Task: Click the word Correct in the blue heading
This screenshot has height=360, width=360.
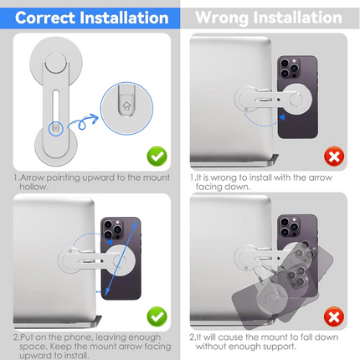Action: point(45,18)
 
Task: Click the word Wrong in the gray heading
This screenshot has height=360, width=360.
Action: point(222,18)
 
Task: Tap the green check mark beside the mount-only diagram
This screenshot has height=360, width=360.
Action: point(157,157)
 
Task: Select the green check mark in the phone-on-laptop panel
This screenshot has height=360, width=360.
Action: point(157,316)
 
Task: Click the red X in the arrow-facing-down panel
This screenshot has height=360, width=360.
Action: point(334,157)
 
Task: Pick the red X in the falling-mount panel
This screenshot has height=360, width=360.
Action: point(334,316)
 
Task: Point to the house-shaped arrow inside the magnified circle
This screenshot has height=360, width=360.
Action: point(126,105)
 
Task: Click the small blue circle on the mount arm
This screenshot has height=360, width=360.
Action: point(56,128)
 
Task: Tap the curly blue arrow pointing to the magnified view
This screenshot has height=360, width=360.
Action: point(82,122)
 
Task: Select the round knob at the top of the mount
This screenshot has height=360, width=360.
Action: point(56,63)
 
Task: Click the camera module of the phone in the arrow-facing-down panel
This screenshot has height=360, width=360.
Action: point(291,68)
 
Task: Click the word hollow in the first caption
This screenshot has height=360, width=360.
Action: point(33,187)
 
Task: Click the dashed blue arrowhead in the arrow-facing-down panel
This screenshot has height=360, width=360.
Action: point(282,117)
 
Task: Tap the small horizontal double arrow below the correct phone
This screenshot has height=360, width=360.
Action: point(99,292)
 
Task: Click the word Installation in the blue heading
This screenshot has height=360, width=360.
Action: point(124,18)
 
